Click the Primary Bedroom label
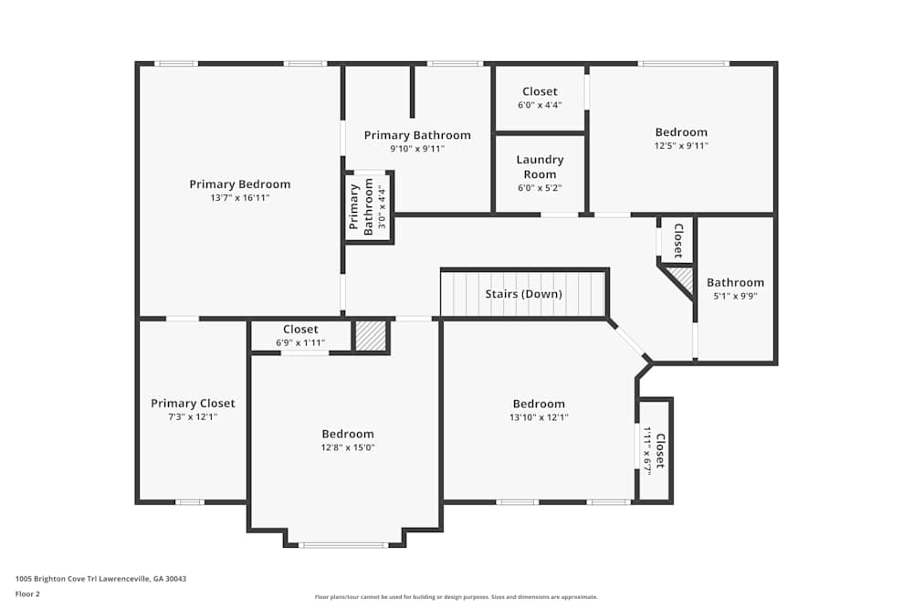tap(239, 184)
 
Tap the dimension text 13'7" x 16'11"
tap(239, 197)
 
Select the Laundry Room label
tap(540, 167)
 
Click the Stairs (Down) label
tap(523, 294)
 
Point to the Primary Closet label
tap(193, 404)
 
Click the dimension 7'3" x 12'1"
tap(193, 416)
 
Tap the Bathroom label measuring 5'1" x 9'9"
tap(735, 283)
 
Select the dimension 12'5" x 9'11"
tap(680, 145)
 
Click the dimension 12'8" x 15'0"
tap(347, 447)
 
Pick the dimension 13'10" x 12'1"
tap(538, 417)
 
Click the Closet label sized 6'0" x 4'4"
tap(540, 91)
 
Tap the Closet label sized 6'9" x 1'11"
tap(300, 330)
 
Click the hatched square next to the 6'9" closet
tap(370, 336)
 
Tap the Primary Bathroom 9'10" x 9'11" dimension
tap(417, 148)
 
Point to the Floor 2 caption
tap(27, 593)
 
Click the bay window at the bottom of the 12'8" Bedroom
tap(344, 545)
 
